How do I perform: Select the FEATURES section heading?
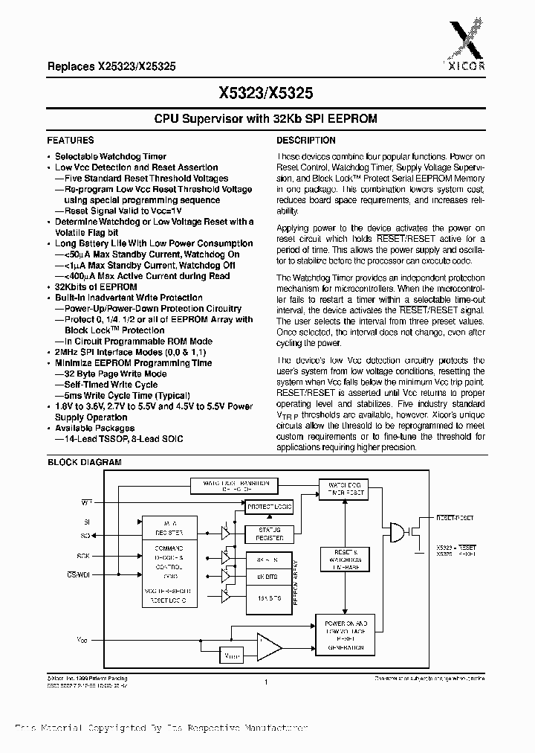[x=71, y=140]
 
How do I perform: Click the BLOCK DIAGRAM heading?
[x=84, y=462]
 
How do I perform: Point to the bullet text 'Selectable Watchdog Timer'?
[x=111, y=157]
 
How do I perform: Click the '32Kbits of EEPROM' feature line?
[x=96, y=286]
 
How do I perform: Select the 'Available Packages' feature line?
[x=94, y=428]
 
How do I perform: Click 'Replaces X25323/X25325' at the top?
[x=111, y=65]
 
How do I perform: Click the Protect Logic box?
[x=269, y=507]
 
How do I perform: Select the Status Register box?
[x=269, y=533]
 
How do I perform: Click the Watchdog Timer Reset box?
[x=343, y=489]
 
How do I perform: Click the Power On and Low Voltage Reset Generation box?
[x=343, y=635]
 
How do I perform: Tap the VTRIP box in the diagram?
[x=232, y=655]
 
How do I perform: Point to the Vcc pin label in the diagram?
[x=82, y=639]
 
